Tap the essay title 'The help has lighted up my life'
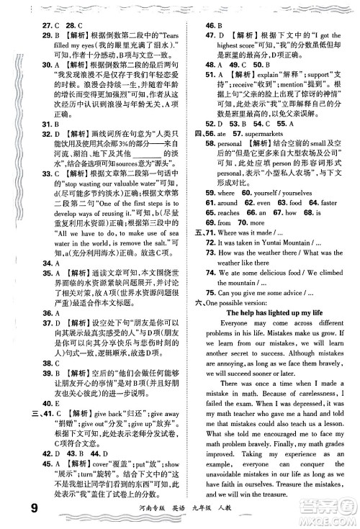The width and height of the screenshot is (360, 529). pyautogui.click(x=271, y=293)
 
